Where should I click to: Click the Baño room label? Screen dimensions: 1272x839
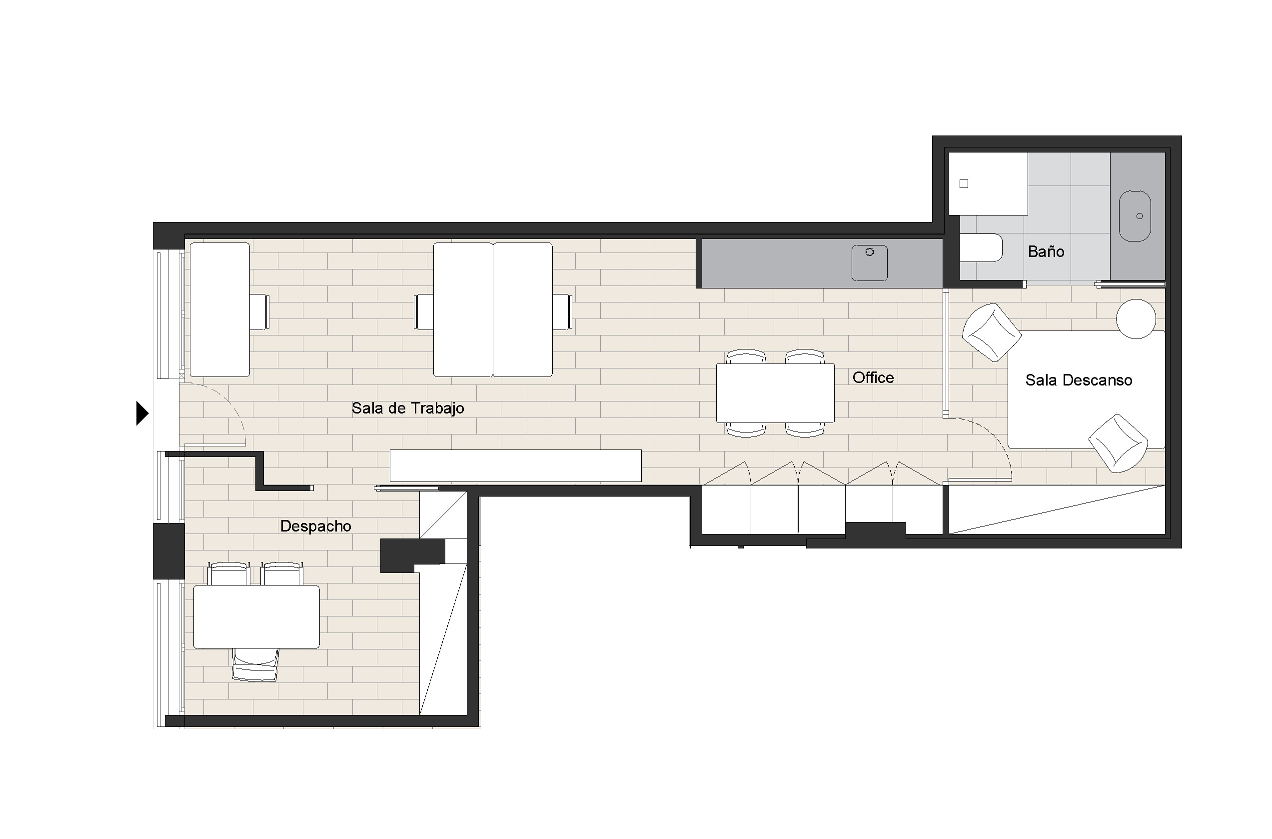point(1046,251)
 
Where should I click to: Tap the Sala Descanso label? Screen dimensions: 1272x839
point(1079,380)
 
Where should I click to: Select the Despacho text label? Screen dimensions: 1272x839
point(315,526)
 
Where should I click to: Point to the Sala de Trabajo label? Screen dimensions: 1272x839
point(408,408)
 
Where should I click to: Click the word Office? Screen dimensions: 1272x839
point(873,378)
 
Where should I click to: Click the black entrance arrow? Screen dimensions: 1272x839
point(142,413)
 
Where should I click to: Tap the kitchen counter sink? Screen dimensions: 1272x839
point(870,262)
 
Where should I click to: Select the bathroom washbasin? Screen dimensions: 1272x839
point(1135,216)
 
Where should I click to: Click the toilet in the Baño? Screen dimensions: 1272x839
point(981,247)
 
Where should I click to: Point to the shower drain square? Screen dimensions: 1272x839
point(964,184)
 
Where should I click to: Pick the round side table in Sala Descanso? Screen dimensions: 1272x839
point(1136,319)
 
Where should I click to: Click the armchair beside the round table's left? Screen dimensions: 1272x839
point(992,332)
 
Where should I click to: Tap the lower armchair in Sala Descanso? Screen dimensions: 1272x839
point(1119,443)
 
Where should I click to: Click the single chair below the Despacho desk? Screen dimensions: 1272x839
point(256,664)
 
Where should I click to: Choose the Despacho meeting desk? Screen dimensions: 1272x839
point(256,617)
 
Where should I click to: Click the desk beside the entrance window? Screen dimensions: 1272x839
point(220,310)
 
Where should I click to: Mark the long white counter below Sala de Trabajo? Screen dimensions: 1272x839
point(516,466)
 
